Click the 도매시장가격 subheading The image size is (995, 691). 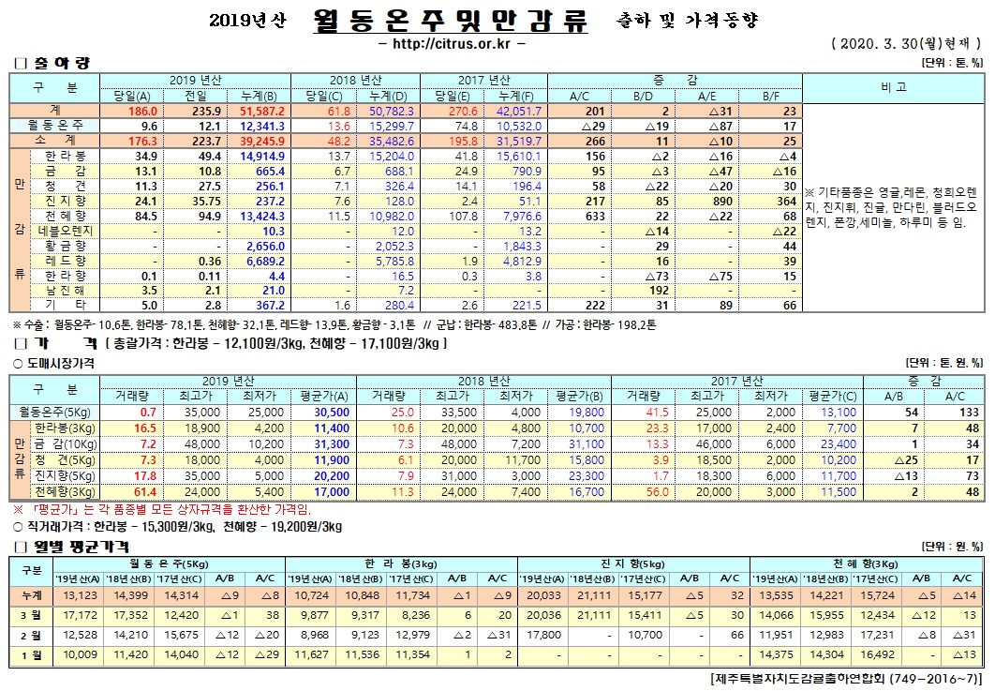pos(55,362)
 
